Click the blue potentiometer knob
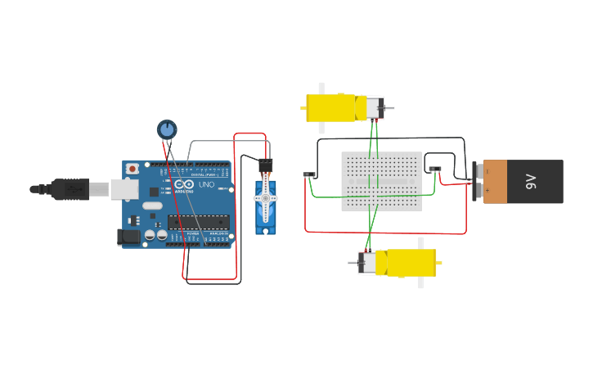167,129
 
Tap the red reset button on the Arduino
132,168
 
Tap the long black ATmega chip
198,221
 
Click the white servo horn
265,199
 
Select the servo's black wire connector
265,165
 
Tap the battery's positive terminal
478,191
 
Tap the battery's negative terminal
478,170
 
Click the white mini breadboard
381,181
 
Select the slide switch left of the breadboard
309,174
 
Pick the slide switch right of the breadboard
435,170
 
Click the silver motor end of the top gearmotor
374,108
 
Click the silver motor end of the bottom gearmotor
368,263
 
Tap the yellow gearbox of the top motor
331,108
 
